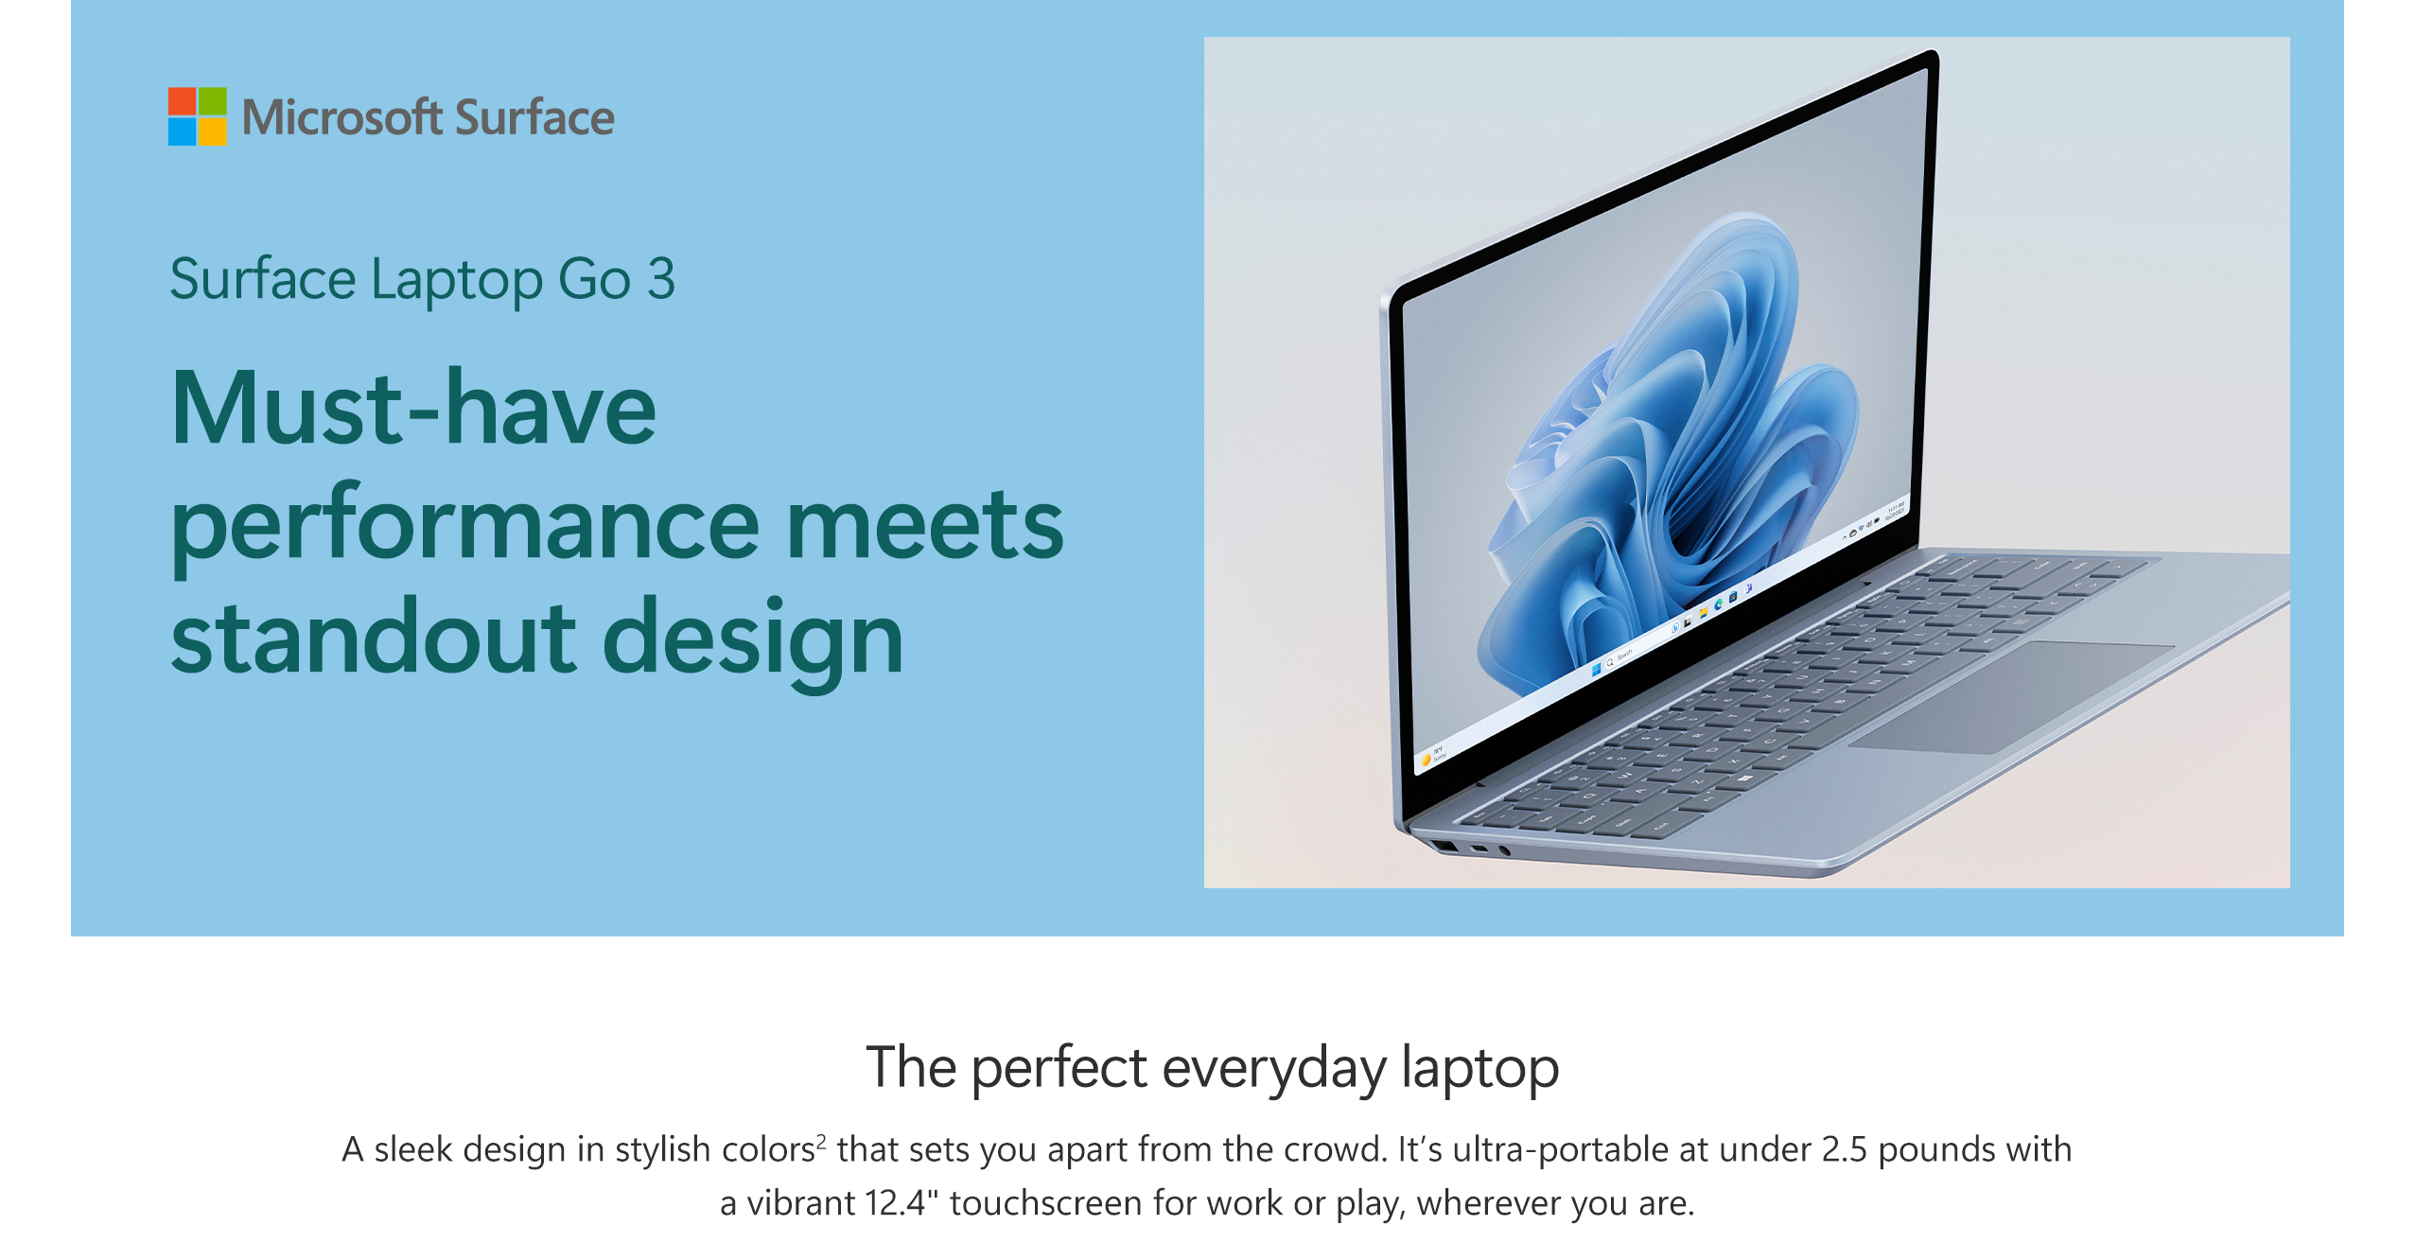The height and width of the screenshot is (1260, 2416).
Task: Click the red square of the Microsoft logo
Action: coord(182,101)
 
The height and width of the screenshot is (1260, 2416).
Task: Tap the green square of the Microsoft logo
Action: coord(213,101)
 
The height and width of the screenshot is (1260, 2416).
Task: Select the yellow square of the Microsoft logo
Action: coord(213,131)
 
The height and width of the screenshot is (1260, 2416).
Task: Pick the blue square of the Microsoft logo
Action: coord(182,131)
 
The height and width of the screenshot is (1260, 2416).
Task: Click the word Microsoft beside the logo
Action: coord(341,117)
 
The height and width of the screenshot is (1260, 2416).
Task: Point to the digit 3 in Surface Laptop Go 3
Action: coord(661,279)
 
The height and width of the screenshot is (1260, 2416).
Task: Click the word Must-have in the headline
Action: coord(413,408)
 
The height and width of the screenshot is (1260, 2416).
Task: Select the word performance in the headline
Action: coord(465,526)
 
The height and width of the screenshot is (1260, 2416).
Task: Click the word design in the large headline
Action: coord(753,643)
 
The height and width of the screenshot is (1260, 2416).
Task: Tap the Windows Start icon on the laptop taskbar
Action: coord(1597,669)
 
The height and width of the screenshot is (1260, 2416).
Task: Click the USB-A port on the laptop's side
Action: coord(1444,846)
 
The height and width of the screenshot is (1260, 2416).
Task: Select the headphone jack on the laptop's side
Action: coord(1504,850)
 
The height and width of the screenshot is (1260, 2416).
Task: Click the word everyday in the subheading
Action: coord(1274,1070)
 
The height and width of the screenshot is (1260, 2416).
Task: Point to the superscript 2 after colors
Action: coord(821,1140)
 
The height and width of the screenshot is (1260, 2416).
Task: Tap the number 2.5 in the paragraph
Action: coord(1845,1149)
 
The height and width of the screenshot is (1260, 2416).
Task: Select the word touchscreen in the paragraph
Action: coord(1046,1203)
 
